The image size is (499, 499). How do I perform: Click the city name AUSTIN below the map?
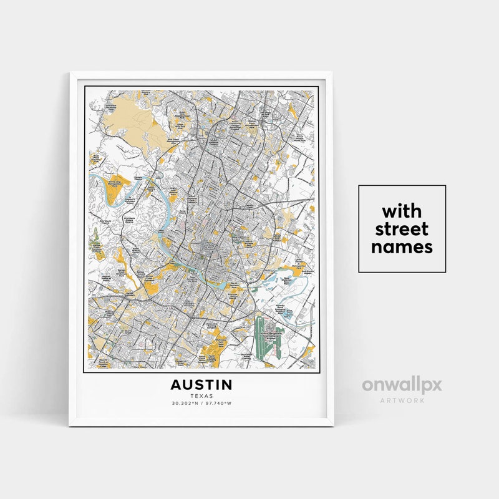tap(201, 384)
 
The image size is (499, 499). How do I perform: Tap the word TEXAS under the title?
tap(201, 395)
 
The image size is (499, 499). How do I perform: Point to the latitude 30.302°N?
tap(186, 404)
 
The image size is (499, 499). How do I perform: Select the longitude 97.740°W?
tap(218, 404)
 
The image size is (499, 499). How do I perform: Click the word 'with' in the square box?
tap(402, 210)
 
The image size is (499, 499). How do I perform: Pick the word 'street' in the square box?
tap(402, 228)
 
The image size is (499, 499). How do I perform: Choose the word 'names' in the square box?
tap(402, 247)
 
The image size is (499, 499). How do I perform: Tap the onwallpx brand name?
tap(402, 385)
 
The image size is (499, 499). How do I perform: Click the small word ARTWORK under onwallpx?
tap(402, 400)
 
